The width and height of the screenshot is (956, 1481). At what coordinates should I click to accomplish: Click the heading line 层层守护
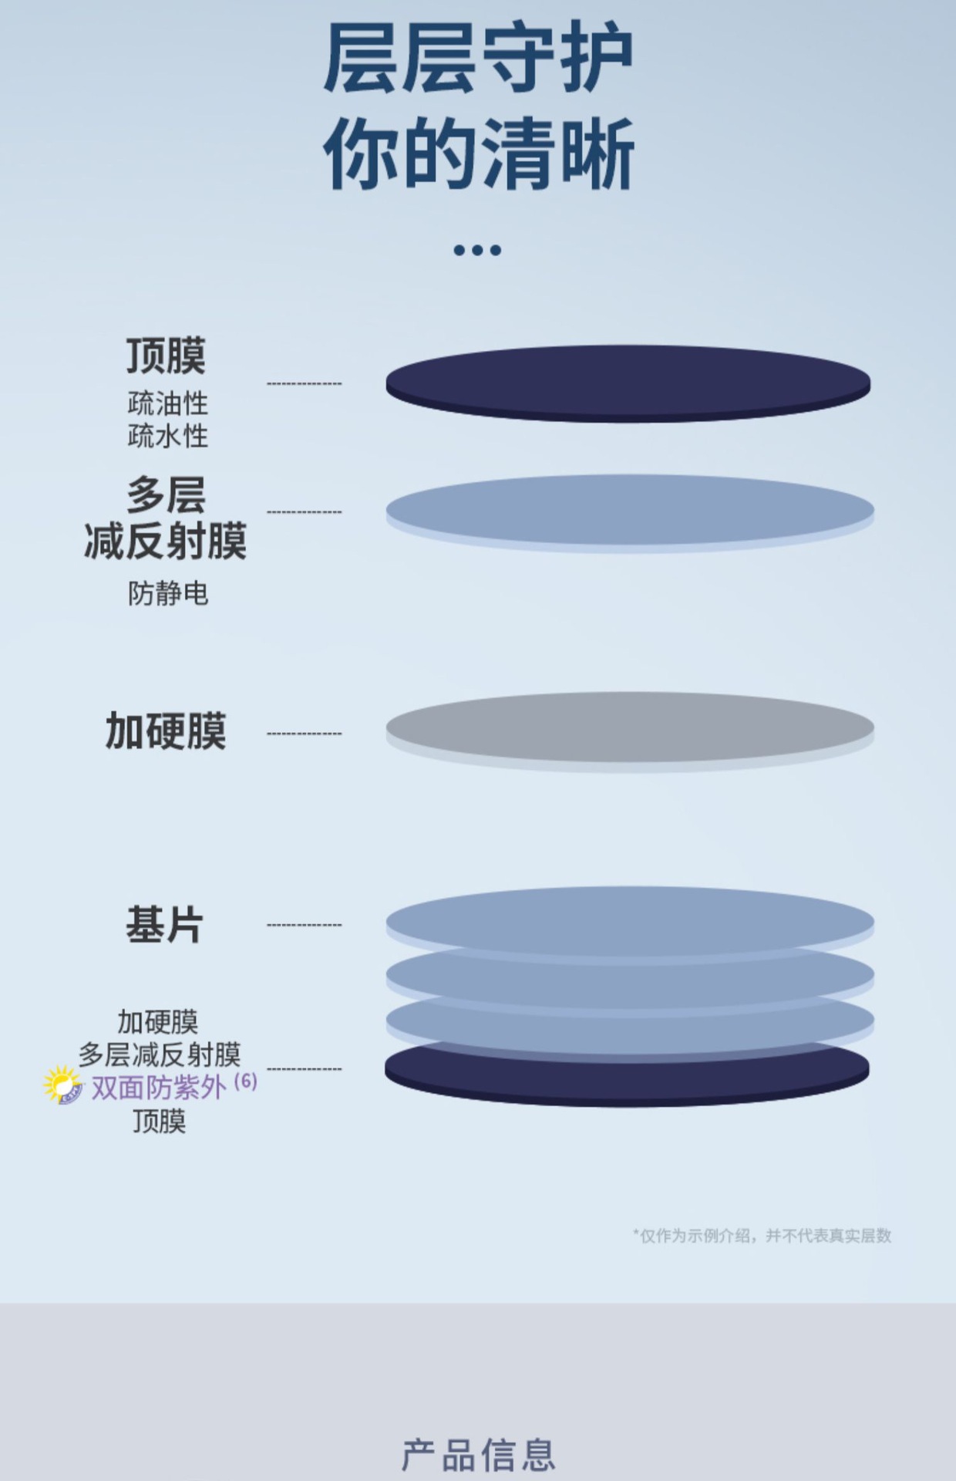[478, 57]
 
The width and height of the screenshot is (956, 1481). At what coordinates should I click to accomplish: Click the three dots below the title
[477, 250]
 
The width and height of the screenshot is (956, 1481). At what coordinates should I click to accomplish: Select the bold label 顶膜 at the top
[167, 356]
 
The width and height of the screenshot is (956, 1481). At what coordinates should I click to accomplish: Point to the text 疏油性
[168, 403]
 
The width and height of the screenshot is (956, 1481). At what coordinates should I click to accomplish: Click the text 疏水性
[168, 436]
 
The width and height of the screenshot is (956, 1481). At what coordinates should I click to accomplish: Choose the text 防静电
[168, 593]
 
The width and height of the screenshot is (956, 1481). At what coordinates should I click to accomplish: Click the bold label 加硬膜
[166, 730]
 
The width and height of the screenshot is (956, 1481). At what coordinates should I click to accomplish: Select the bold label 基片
[165, 924]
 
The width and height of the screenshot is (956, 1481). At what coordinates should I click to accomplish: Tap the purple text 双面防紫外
[159, 1088]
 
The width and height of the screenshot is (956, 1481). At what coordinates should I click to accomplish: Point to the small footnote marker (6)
[245, 1081]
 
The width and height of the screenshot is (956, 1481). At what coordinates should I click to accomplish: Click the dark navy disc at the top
[628, 383]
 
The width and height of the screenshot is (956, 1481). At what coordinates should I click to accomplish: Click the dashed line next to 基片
[304, 924]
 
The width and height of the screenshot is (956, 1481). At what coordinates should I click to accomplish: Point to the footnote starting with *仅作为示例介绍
[762, 1235]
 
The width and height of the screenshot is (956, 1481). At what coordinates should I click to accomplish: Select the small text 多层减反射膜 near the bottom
[160, 1054]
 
